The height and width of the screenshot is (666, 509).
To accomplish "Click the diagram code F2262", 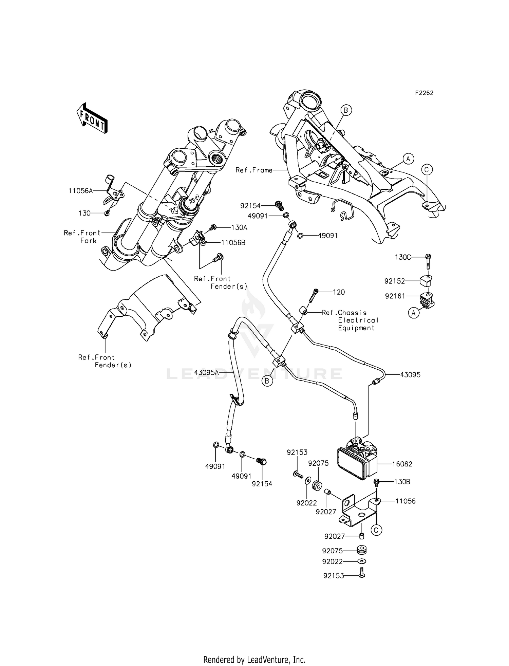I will coord(424,93).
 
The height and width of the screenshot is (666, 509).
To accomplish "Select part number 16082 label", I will coord(402,464).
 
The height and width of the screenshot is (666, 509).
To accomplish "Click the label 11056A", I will coord(80,191).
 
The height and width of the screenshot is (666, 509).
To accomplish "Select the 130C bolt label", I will coord(403,257).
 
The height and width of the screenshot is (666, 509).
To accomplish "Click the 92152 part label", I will coord(395,281).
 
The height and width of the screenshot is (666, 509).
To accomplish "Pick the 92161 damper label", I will coord(395,296).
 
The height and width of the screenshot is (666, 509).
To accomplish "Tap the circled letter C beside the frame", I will coord(427,169).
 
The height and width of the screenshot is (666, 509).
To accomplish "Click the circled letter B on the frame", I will coord(346,110).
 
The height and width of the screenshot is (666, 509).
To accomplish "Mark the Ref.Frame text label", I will coord(254,170).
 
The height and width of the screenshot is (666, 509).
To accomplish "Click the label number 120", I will coord(339,292).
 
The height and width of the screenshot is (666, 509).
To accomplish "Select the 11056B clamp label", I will coord(233,242).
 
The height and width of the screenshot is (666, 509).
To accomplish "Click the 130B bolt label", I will coord(402,482).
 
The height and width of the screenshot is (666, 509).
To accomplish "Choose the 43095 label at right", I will coord(410,375).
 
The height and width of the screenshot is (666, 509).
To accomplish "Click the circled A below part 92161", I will coord(413,313).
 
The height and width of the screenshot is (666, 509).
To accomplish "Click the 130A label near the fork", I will coord(239,227).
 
